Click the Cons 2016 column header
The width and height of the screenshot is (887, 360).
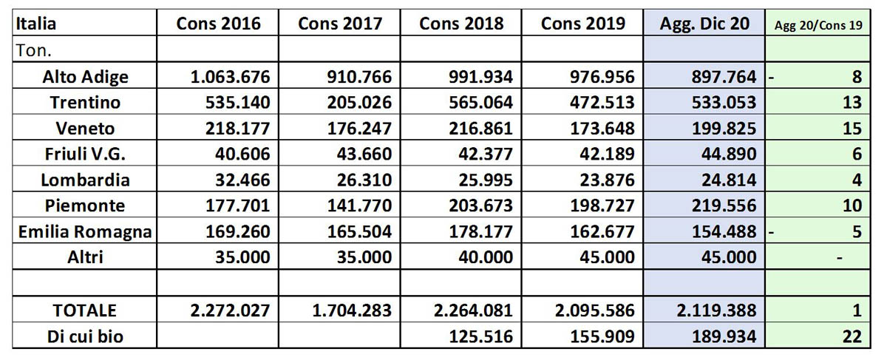click(218, 24)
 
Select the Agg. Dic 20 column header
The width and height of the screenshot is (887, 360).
click(704, 24)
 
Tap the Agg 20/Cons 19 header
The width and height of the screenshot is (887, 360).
click(818, 25)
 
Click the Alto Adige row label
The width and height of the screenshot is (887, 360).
click(85, 77)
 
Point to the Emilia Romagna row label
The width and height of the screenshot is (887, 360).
click(85, 232)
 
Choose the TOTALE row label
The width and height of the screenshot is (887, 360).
click(85, 310)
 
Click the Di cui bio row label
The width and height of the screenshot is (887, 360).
click(85, 336)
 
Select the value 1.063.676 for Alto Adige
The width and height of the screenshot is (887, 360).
click(230, 76)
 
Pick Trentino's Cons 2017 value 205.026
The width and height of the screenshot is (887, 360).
click(359, 103)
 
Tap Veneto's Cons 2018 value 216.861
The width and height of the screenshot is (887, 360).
click(480, 129)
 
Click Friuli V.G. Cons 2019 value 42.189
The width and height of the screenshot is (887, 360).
click(607, 154)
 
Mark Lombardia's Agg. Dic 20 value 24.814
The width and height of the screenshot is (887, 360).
click(729, 180)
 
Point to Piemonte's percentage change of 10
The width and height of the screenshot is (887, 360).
click(852, 206)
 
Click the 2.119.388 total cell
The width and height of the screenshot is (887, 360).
click(716, 310)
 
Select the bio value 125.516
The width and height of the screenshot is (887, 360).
click(480, 336)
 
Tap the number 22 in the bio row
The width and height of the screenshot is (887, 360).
click(852, 336)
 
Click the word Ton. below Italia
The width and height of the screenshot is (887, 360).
click(34, 51)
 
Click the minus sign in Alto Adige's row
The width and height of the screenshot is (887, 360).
click(771, 77)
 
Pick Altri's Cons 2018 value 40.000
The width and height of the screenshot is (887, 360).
click(486, 257)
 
